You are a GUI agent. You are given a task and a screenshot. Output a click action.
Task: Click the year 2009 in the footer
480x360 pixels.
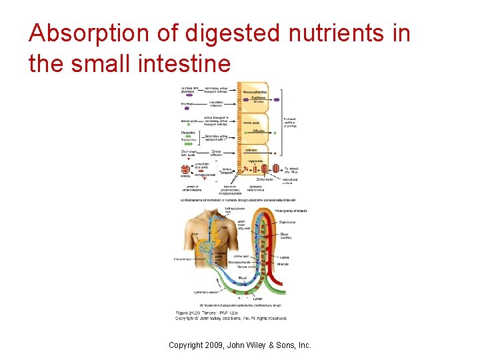click(216, 345)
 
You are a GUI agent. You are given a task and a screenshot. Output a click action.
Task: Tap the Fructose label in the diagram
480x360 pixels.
click(187, 104)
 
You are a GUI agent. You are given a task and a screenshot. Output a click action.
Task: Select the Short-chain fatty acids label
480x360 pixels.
click(188, 153)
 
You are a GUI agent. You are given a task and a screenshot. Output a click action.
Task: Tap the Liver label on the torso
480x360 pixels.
click(193, 234)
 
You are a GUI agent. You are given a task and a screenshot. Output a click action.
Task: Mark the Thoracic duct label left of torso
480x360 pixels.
click(184, 259)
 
